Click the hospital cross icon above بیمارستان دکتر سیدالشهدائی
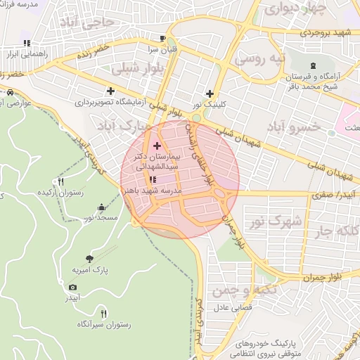(x=156, y=146)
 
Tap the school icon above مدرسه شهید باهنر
(x=153, y=180)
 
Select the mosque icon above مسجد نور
(x=103, y=207)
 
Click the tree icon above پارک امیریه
(x=89, y=259)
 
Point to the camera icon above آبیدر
(x=72, y=287)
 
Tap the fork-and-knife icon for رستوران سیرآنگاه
(x=104, y=314)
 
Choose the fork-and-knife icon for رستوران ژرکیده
(x=61, y=182)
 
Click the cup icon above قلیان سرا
(x=163, y=39)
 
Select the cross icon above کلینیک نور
(x=209, y=93)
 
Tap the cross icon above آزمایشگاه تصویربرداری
(x=110, y=91)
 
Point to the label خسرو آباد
(x=293, y=126)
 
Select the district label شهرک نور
(x=275, y=221)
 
